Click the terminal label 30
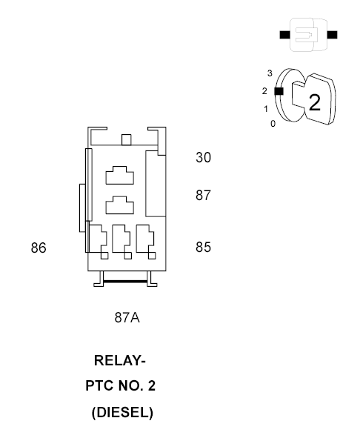coord(203,158)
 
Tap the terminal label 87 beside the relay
coord(203,195)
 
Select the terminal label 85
coord(203,248)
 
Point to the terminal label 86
coord(39,248)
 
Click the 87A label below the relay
coord(127,317)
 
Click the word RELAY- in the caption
coord(120,360)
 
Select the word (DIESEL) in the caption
coord(122,413)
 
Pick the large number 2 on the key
coord(315,103)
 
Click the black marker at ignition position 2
coord(279,91)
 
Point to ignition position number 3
coord(270,73)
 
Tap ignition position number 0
coord(273,124)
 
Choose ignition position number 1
coord(266,109)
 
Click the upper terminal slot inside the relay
coord(119,176)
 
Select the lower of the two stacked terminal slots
coord(119,205)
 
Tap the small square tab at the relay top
coord(126,139)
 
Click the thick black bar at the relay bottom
coord(125,282)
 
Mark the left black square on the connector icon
coord(284,35)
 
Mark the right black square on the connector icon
coord(332,35)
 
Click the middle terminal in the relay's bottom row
coord(121,242)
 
